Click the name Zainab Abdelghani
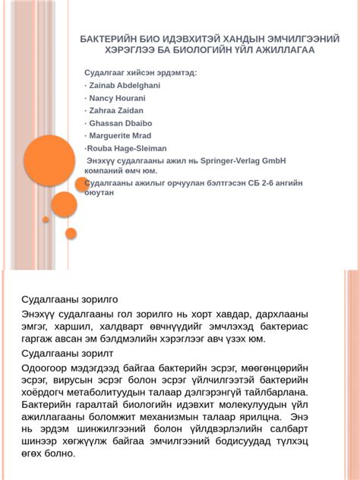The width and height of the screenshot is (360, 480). click(125, 86)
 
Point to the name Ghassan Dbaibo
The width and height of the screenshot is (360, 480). click(121, 122)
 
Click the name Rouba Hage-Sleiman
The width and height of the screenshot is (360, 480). click(127, 148)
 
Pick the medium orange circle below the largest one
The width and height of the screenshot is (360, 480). click(64, 204)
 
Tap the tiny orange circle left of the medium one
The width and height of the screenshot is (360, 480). click(46, 219)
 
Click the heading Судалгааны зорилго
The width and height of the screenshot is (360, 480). click(70, 299)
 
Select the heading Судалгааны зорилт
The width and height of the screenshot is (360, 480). click(67, 353)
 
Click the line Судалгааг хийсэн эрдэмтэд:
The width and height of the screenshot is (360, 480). click(141, 73)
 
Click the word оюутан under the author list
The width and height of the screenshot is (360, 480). click(99, 193)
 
